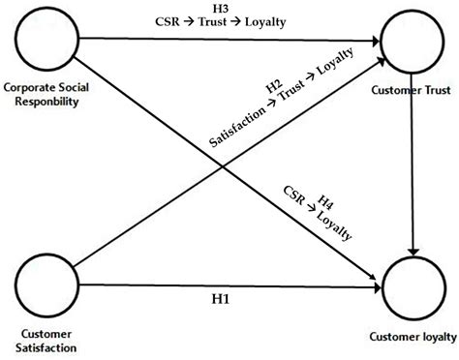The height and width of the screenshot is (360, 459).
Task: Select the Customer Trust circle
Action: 414,41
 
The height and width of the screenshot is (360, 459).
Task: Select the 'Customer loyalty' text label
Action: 412,337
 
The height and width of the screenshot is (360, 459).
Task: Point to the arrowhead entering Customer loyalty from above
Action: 414,251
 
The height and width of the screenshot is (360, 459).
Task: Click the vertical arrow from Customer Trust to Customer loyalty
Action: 414,165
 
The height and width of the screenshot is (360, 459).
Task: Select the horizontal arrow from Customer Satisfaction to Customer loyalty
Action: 223,285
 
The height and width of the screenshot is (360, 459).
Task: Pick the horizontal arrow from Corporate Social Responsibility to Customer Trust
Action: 223,41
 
